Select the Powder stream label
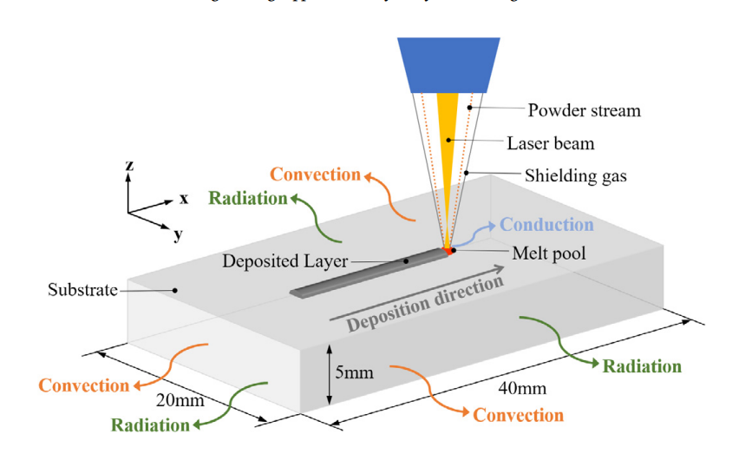[x=584, y=110]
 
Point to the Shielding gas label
[x=575, y=175]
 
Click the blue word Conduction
[x=546, y=225]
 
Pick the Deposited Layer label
[x=284, y=260]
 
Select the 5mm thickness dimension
[x=353, y=373]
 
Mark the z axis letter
[x=128, y=165]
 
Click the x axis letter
[x=183, y=198]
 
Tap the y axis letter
[x=178, y=234]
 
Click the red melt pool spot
[x=448, y=251]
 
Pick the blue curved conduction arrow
[x=475, y=231]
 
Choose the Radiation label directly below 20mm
[x=150, y=425]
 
